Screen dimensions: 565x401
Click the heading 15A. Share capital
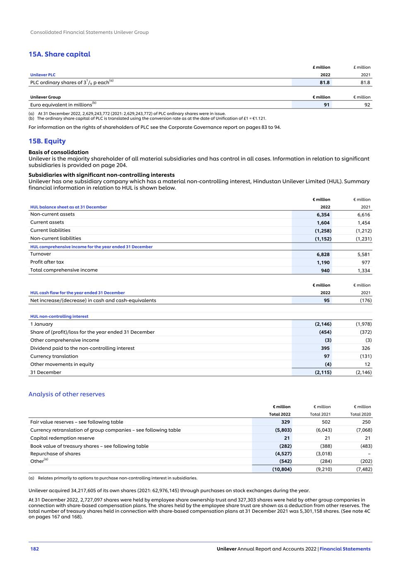59,54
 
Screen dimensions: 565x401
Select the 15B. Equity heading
47,141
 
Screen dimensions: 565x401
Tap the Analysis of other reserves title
66,394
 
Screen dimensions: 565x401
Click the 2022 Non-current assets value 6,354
323,215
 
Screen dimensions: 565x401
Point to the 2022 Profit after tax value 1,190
323,262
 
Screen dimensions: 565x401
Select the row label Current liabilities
50,231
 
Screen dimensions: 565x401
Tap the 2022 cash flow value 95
327,301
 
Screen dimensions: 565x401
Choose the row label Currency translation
54,356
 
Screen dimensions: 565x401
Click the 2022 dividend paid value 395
325,349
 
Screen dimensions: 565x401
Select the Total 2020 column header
360,414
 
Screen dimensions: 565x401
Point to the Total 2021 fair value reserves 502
326,422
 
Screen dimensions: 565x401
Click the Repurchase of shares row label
55,454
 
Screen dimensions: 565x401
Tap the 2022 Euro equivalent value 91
327,105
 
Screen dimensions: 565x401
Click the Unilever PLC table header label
43,75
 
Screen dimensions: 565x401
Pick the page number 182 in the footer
34,549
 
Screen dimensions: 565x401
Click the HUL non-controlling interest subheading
59,316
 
